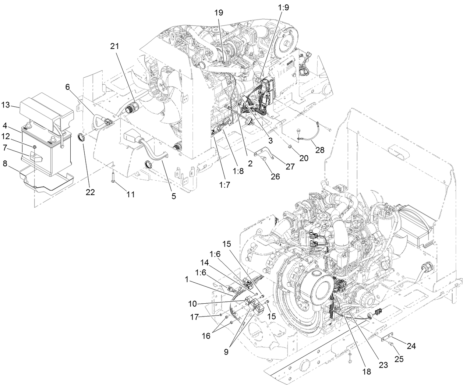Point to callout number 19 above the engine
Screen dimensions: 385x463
coord(219,12)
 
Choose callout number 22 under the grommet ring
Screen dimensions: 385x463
coord(90,192)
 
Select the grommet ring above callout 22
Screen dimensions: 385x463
coord(82,138)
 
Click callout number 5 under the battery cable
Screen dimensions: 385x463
coord(173,196)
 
